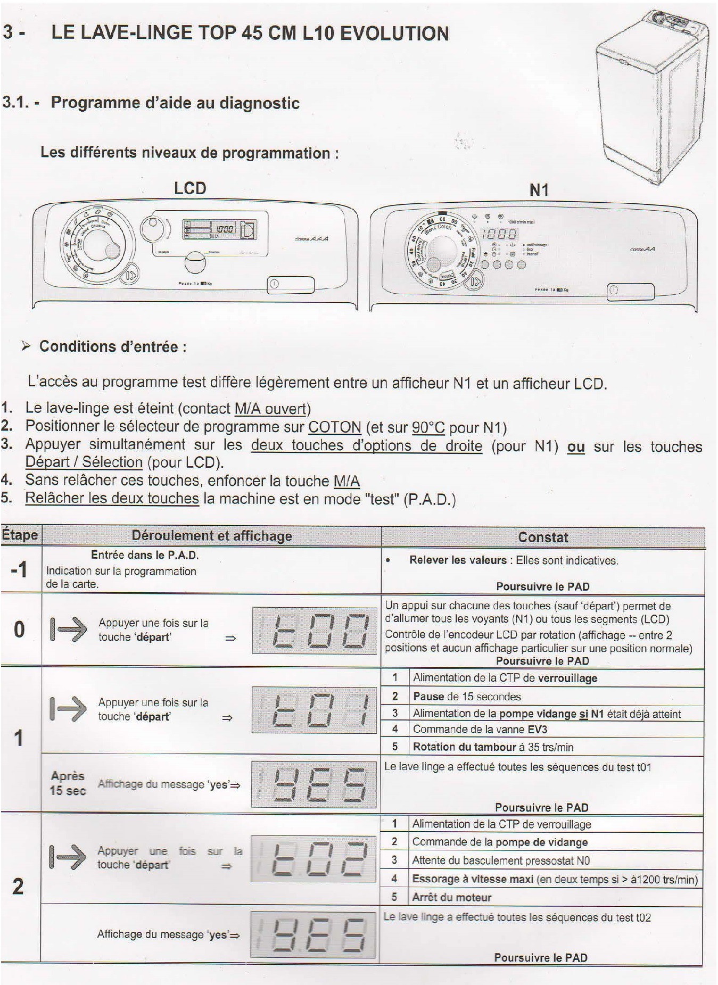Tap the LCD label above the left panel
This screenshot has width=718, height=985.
point(190,188)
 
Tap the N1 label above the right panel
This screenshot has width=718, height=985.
point(539,190)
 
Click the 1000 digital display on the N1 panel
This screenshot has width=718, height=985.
point(500,234)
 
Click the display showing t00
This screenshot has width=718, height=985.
point(314,630)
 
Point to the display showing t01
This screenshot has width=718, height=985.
point(314,710)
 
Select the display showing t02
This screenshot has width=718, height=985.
point(314,858)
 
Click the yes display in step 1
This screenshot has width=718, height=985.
point(314,784)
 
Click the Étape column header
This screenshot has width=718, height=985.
point(20,535)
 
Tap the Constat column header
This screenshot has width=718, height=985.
point(543,537)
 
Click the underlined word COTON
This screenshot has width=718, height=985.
point(335,427)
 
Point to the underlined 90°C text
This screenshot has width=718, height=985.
point(428,427)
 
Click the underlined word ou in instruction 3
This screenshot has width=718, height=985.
point(576,447)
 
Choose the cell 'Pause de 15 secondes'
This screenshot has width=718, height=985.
point(467,696)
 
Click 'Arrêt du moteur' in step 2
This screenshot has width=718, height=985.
point(451,897)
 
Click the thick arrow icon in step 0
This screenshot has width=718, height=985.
point(69,629)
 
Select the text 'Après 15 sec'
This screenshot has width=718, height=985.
point(68,783)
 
